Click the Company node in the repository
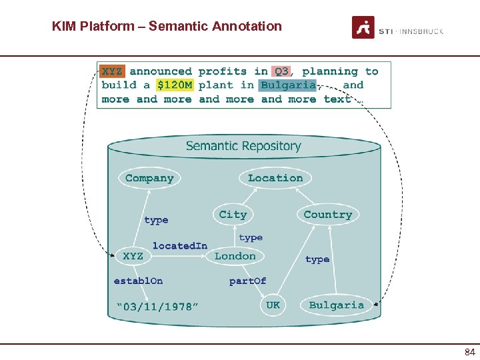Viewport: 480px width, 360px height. coord(149,178)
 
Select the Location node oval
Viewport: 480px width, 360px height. coord(275,178)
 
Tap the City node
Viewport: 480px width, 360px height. coord(233,214)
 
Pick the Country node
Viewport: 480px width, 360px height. coord(327,215)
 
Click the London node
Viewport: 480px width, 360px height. coord(235,256)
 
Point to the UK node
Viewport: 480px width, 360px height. coord(273,305)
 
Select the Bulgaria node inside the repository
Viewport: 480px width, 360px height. coord(337,305)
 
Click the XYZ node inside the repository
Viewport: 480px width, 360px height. coord(133,256)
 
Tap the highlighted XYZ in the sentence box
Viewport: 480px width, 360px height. coord(112,71)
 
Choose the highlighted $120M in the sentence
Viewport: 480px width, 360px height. coord(174,85)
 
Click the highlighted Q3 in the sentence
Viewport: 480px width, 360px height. coord(281,71)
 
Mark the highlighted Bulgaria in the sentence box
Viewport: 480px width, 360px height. coord(287,85)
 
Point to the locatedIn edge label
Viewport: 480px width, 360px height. coord(179,245)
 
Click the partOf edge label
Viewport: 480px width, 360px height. coord(247,281)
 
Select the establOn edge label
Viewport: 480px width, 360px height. coord(138,281)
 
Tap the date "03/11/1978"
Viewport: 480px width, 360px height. coord(157,307)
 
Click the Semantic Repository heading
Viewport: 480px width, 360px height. coord(243,146)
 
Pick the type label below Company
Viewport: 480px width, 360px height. coord(156,220)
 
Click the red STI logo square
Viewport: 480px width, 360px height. coord(363,27)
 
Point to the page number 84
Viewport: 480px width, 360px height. coord(469,351)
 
